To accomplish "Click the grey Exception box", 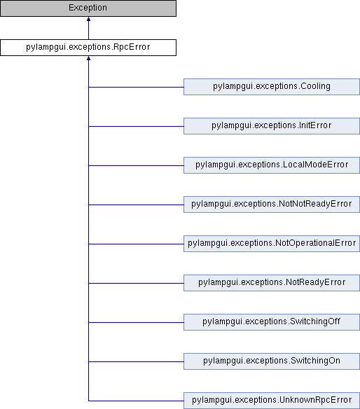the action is point(88,8).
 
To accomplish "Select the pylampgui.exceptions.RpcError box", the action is point(88,48).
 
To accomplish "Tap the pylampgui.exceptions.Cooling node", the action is point(272,87).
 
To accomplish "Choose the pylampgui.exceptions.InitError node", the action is point(272,126).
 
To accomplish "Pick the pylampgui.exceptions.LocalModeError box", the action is point(272,165).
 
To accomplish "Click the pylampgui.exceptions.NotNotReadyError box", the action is point(272,204).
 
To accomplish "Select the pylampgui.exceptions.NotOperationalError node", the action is point(272,244).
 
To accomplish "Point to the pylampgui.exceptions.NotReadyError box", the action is point(272,283).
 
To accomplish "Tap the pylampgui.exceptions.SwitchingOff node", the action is point(272,322).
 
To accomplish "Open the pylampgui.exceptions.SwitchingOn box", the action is point(272,361).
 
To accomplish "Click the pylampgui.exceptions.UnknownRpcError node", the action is point(272,401).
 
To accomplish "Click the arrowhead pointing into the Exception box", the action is point(88,19).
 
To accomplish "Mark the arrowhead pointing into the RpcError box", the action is point(88,58).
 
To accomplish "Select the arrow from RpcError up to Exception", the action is point(88,28).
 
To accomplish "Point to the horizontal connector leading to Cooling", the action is point(136,87).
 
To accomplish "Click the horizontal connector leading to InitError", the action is point(136,126).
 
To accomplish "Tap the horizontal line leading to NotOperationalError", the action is point(136,244).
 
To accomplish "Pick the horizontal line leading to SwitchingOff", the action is point(136,322).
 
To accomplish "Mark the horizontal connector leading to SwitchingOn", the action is point(136,361).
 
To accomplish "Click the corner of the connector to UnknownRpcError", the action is point(88,401).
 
